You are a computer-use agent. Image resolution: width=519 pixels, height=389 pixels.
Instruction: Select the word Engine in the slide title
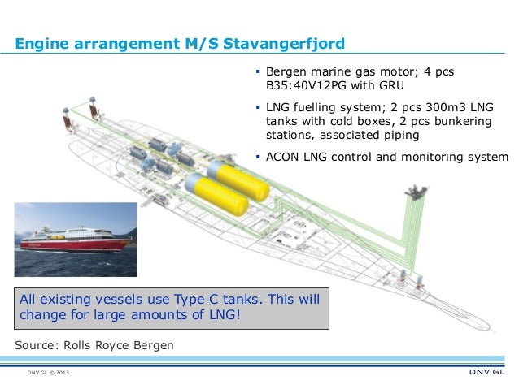[43, 42]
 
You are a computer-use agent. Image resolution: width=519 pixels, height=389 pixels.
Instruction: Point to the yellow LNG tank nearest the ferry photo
[215, 193]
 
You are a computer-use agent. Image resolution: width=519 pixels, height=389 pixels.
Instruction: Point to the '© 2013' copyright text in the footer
[59, 374]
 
